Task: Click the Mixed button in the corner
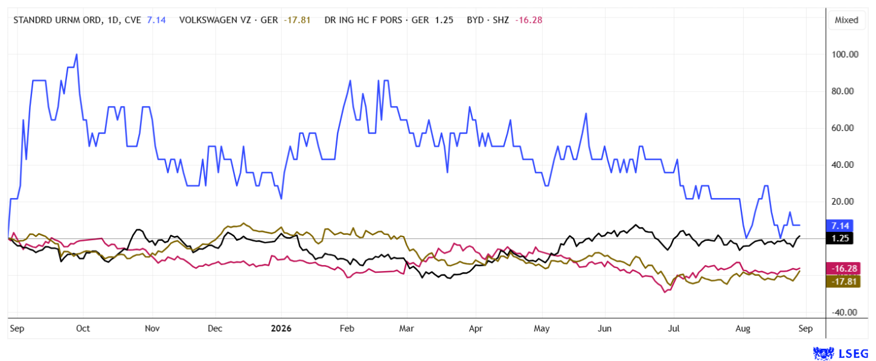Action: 846,21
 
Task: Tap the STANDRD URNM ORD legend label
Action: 57,20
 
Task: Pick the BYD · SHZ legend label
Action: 488,20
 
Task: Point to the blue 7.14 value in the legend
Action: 156,20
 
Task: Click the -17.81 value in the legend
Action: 297,20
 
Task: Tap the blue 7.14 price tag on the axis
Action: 840,226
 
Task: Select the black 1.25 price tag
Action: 840,238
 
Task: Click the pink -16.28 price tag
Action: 843,268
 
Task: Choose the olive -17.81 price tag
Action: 843,281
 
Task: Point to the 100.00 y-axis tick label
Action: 845,54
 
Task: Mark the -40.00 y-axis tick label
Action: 844,313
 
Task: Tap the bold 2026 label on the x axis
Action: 281,328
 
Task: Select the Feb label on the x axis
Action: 347,328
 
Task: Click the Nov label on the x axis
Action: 152,328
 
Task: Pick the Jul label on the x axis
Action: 673,328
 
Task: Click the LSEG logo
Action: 840,353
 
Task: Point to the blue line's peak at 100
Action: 77,54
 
